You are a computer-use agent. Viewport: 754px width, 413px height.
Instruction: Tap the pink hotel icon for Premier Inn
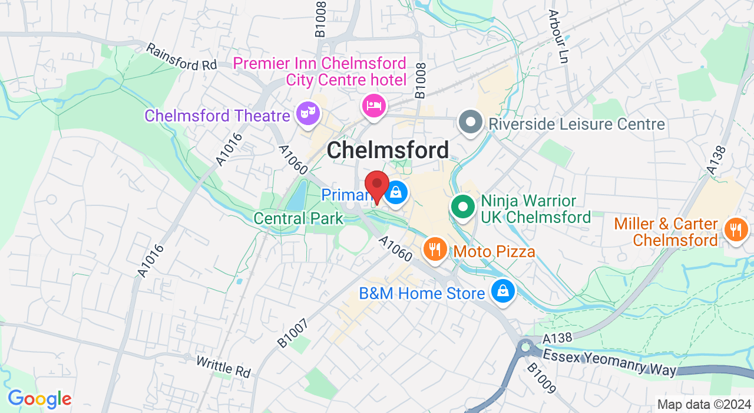(x=373, y=106)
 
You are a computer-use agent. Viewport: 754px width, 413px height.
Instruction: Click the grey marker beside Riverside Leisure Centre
(x=470, y=123)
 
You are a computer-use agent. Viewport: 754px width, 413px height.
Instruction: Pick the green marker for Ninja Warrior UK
(x=464, y=207)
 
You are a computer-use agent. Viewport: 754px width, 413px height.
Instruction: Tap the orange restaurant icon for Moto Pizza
(x=435, y=248)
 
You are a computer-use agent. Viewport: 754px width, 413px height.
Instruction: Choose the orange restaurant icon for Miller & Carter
(x=736, y=229)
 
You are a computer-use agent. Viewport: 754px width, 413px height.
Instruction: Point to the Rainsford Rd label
(x=181, y=57)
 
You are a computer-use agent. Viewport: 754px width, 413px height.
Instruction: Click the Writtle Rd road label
(x=223, y=366)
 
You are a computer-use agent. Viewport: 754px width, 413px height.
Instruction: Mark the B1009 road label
(x=541, y=378)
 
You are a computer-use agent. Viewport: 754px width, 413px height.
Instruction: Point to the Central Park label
(x=298, y=218)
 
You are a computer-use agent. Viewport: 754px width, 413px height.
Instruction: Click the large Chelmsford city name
(x=388, y=150)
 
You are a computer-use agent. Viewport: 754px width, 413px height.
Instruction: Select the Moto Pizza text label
(x=494, y=252)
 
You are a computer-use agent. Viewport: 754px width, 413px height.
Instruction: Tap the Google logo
(x=39, y=399)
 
